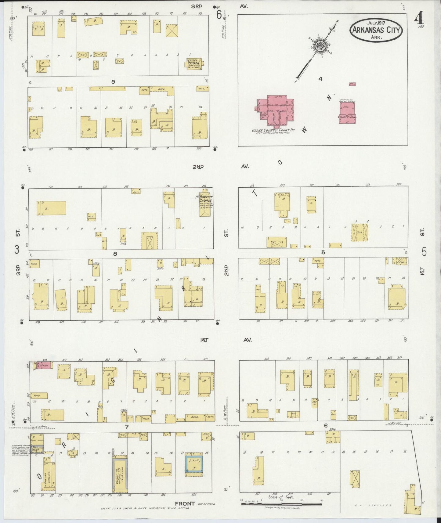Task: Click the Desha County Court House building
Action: click(275, 111)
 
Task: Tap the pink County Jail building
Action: click(347, 113)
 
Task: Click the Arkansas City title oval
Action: click(376, 30)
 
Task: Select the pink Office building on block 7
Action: click(43, 365)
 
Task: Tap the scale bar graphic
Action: click(281, 503)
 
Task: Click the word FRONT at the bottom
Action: click(185, 503)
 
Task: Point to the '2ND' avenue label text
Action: click(198, 167)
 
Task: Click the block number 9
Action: click(113, 81)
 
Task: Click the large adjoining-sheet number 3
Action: click(17, 250)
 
